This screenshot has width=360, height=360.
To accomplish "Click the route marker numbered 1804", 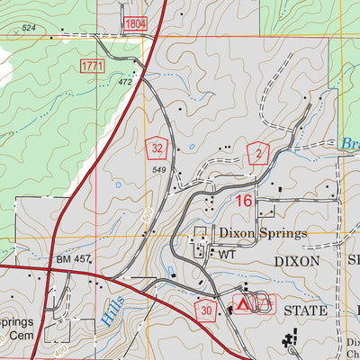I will coord(134,22).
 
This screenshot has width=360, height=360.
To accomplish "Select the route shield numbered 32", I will coord(158,148).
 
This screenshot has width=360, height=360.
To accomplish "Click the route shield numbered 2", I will coord(259,155).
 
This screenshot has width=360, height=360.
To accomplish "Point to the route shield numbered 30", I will coord(207,309).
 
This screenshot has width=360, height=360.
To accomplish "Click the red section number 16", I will coord(244,202).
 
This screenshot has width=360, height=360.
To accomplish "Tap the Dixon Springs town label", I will coord(262,233).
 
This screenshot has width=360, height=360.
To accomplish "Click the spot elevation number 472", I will coord(125,83).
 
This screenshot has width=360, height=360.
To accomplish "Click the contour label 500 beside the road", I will coord(144,219).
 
